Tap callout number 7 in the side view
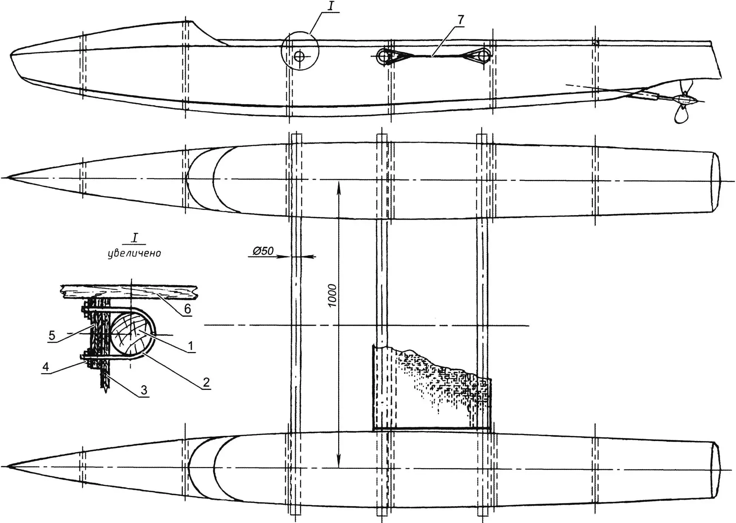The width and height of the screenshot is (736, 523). click(x=461, y=20)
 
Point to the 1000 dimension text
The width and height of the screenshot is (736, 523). click(x=333, y=295)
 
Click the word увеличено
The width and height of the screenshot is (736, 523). click(x=134, y=253)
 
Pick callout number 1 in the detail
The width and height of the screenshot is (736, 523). click(x=191, y=346)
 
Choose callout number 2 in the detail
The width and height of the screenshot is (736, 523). click(x=206, y=382)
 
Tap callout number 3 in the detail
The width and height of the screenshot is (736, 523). click(x=144, y=390)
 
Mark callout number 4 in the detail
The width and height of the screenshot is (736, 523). click(x=45, y=367)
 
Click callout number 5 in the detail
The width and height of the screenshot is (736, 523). click(x=52, y=335)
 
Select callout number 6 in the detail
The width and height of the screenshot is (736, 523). click(x=188, y=309)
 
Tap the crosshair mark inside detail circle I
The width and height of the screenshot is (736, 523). click(x=299, y=57)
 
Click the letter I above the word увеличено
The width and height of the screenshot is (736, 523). click(x=135, y=238)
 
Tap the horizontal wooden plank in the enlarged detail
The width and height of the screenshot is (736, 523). click(x=130, y=292)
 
